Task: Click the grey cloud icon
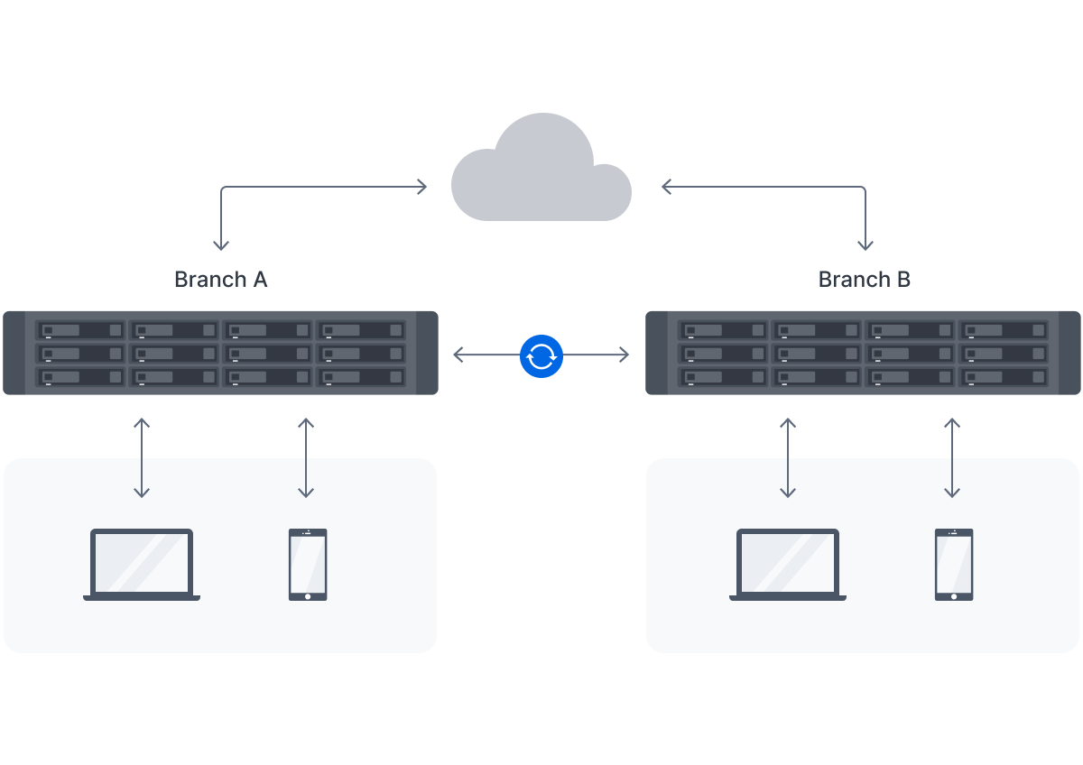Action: click(x=541, y=176)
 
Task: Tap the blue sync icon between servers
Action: click(x=541, y=355)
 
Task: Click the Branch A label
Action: click(x=220, y=280)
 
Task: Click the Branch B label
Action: click(x=864, y=280)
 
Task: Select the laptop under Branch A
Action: click(x=142, y=565)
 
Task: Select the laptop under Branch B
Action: click(x=788, y=565)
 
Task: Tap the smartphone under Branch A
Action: click(x=308, y=565)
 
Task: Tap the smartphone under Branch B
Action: click(x=954, y=565)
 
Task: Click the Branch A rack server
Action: click(x=220, y=353)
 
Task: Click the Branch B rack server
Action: click(x=864, y=353)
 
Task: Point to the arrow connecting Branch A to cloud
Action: click(x=271, y=188)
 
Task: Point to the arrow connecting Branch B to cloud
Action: click(x=812, y=188)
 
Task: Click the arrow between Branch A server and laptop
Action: click(x=142, y=457)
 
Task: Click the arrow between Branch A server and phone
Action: click(x=306, y=457)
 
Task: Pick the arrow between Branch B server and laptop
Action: click(x=788, y=457)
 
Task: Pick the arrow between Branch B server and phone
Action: click(x=952, y=457)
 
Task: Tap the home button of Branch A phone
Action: click(x=308, y=595)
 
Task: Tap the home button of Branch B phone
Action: click(x=954, y=595)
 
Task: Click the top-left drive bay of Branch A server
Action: click(x=80, y=330)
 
